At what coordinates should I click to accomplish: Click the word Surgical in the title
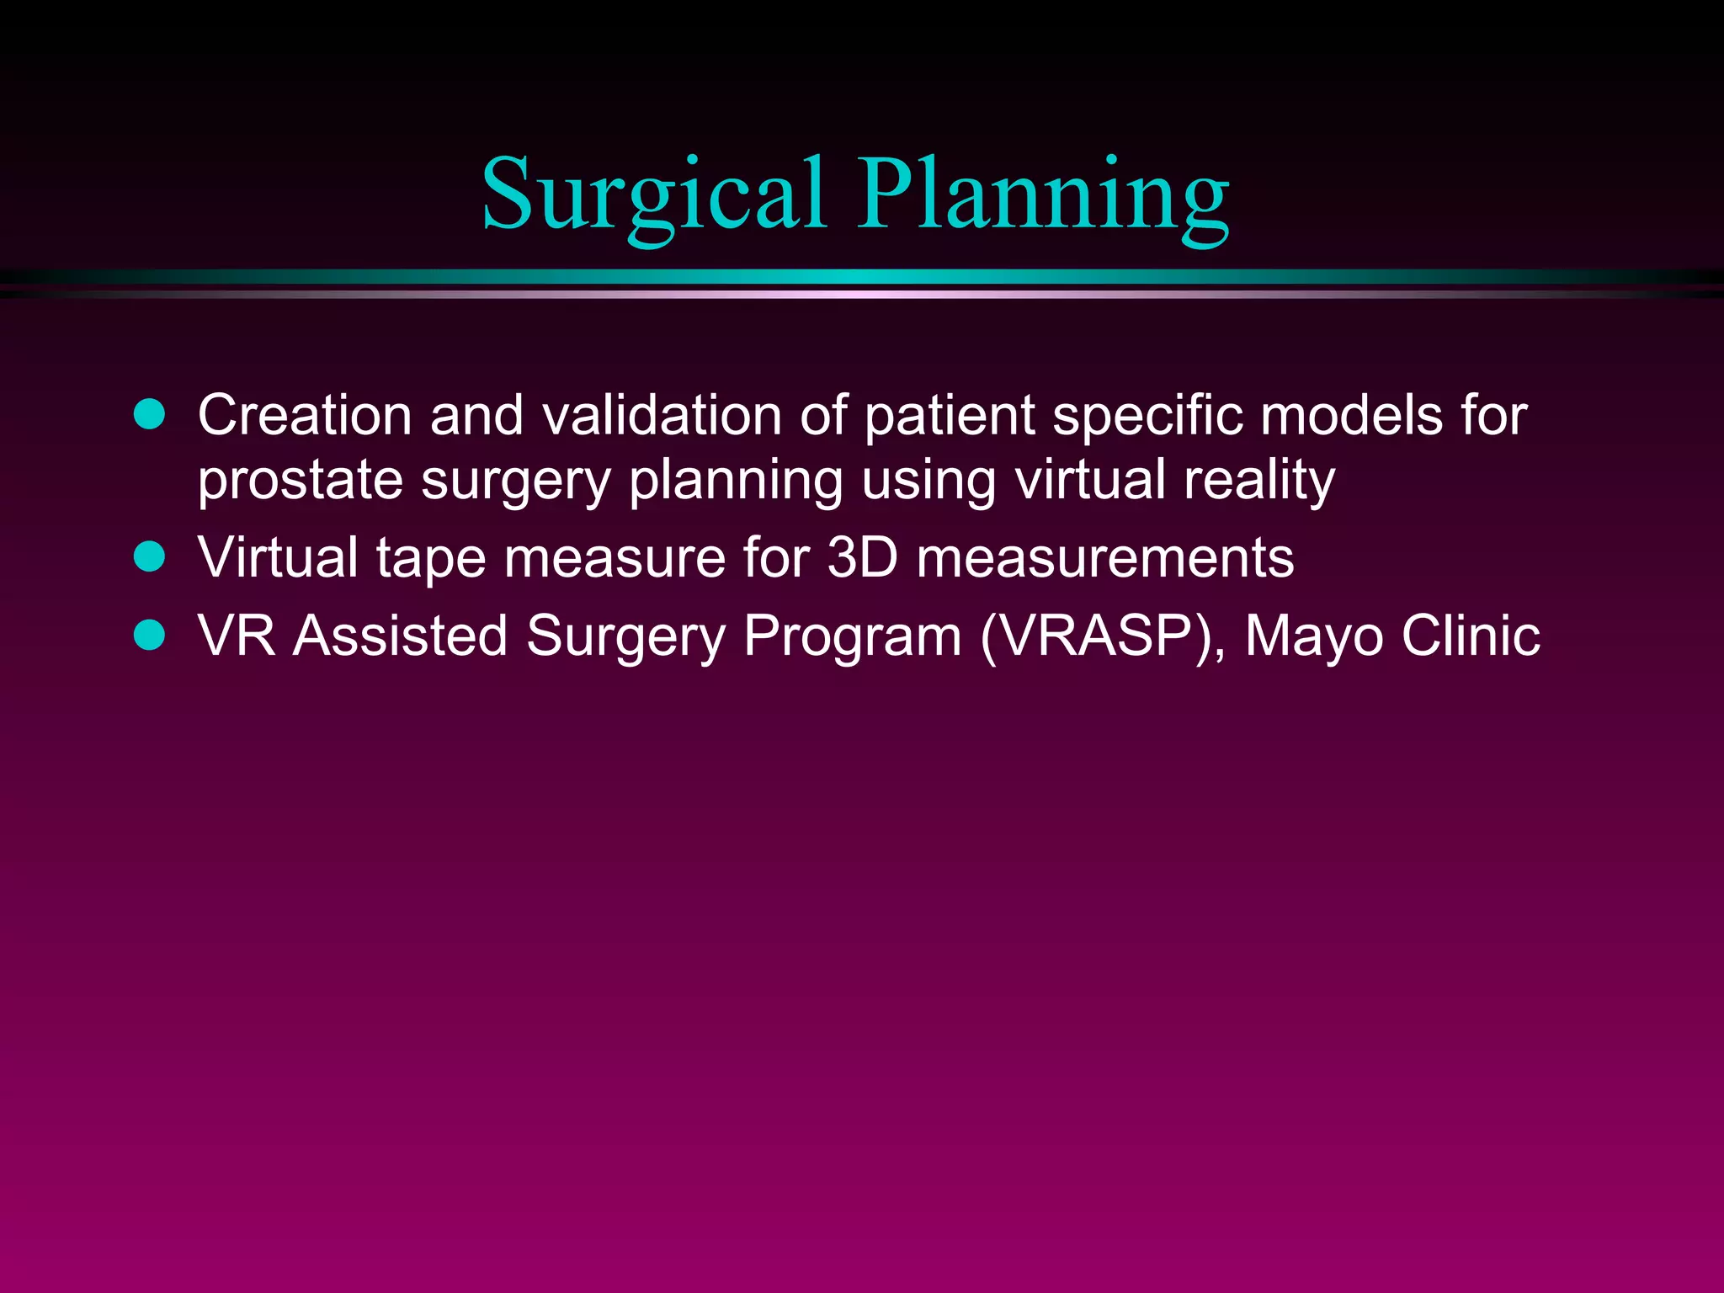[x=653, y=195]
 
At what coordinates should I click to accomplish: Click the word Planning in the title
[x=1043, y=195]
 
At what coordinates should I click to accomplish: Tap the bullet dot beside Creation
[x=150, y=415]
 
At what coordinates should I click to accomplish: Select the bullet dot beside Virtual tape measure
[x=150, y=557]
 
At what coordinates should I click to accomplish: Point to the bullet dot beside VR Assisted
[x=150, y=635]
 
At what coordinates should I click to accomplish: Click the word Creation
[x=305, y=415]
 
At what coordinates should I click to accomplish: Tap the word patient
[x=949, y=417]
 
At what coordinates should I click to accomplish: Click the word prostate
[x=301, y=482]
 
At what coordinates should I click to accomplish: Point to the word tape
[x=431, y=559]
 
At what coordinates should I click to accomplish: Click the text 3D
[x=863, y=557]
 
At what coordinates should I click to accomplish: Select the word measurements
[x=1104, y=557]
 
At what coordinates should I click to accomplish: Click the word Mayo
[x=1313, y=636]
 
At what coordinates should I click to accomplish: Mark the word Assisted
[x=401, y=635]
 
